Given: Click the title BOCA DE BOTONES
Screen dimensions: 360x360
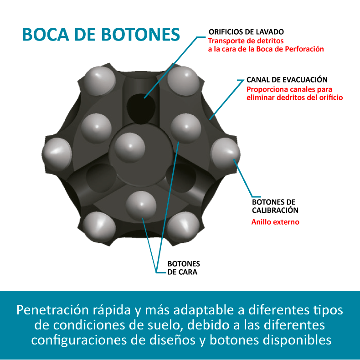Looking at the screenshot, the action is (101, 35).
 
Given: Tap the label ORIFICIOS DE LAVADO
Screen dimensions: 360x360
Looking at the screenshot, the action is (246, 32).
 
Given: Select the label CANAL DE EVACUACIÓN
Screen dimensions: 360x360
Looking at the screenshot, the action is (287, 79).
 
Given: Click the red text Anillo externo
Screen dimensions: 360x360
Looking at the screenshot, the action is (275, 222).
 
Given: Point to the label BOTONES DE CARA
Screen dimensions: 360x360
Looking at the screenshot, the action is (184, 267).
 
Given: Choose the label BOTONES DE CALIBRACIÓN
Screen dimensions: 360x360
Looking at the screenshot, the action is (275, 206).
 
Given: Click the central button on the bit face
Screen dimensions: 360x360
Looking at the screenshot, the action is (130, 147).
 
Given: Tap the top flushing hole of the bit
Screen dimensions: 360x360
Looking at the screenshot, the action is (141, 108).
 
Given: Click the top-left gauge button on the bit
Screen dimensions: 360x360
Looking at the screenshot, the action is (99, 81).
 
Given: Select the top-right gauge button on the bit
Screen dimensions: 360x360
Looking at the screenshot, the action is (184, 81).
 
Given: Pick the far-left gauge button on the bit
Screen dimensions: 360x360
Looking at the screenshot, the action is (57, 154).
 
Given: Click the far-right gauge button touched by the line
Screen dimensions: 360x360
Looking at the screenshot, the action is (226, 154).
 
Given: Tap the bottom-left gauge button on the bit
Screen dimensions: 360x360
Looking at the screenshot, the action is (99, 227).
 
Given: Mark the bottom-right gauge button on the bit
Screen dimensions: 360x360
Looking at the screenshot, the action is (183, 227).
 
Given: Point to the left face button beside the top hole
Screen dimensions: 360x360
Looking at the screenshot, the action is (97, 128).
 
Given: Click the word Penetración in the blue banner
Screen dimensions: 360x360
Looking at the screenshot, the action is (52, 310).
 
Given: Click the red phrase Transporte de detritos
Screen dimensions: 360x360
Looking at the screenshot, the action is (246, 41).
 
